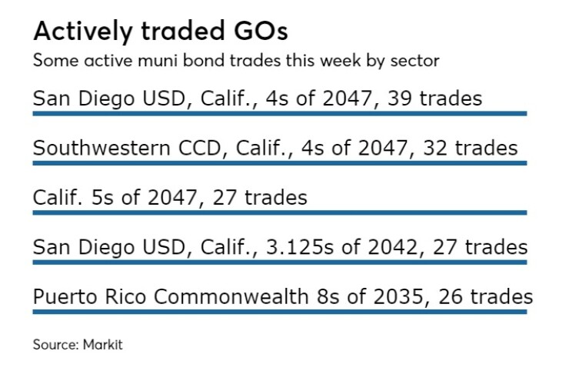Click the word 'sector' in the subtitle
418,59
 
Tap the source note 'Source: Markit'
77,344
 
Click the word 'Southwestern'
94,148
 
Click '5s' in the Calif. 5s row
100,198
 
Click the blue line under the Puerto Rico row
279,312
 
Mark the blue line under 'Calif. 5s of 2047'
279,212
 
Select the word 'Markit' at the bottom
103,344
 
